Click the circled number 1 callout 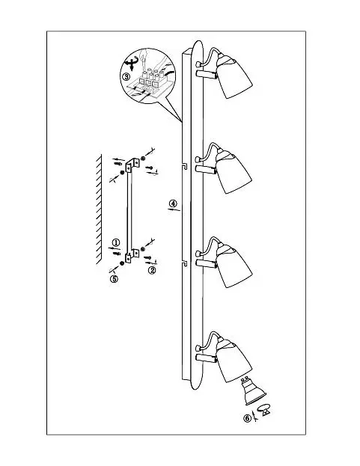(x=116, y=242)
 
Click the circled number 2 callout (x=152, y=270)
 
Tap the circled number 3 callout (x=126, y=76)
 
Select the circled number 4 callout (x=173, y=203)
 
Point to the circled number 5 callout (x=115, y=279)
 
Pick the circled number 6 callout (x=247, y=418)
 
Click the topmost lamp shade (x=234, y=76)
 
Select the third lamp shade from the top (x=234, y=266)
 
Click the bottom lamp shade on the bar (x=234, y=360)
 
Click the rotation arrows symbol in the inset (x=130, y=63)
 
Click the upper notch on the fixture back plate (x=185, y=166)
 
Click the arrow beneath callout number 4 (x=174, y=210)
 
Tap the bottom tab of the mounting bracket (x=132, y=256)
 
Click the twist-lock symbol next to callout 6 (x=264, y=410)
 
